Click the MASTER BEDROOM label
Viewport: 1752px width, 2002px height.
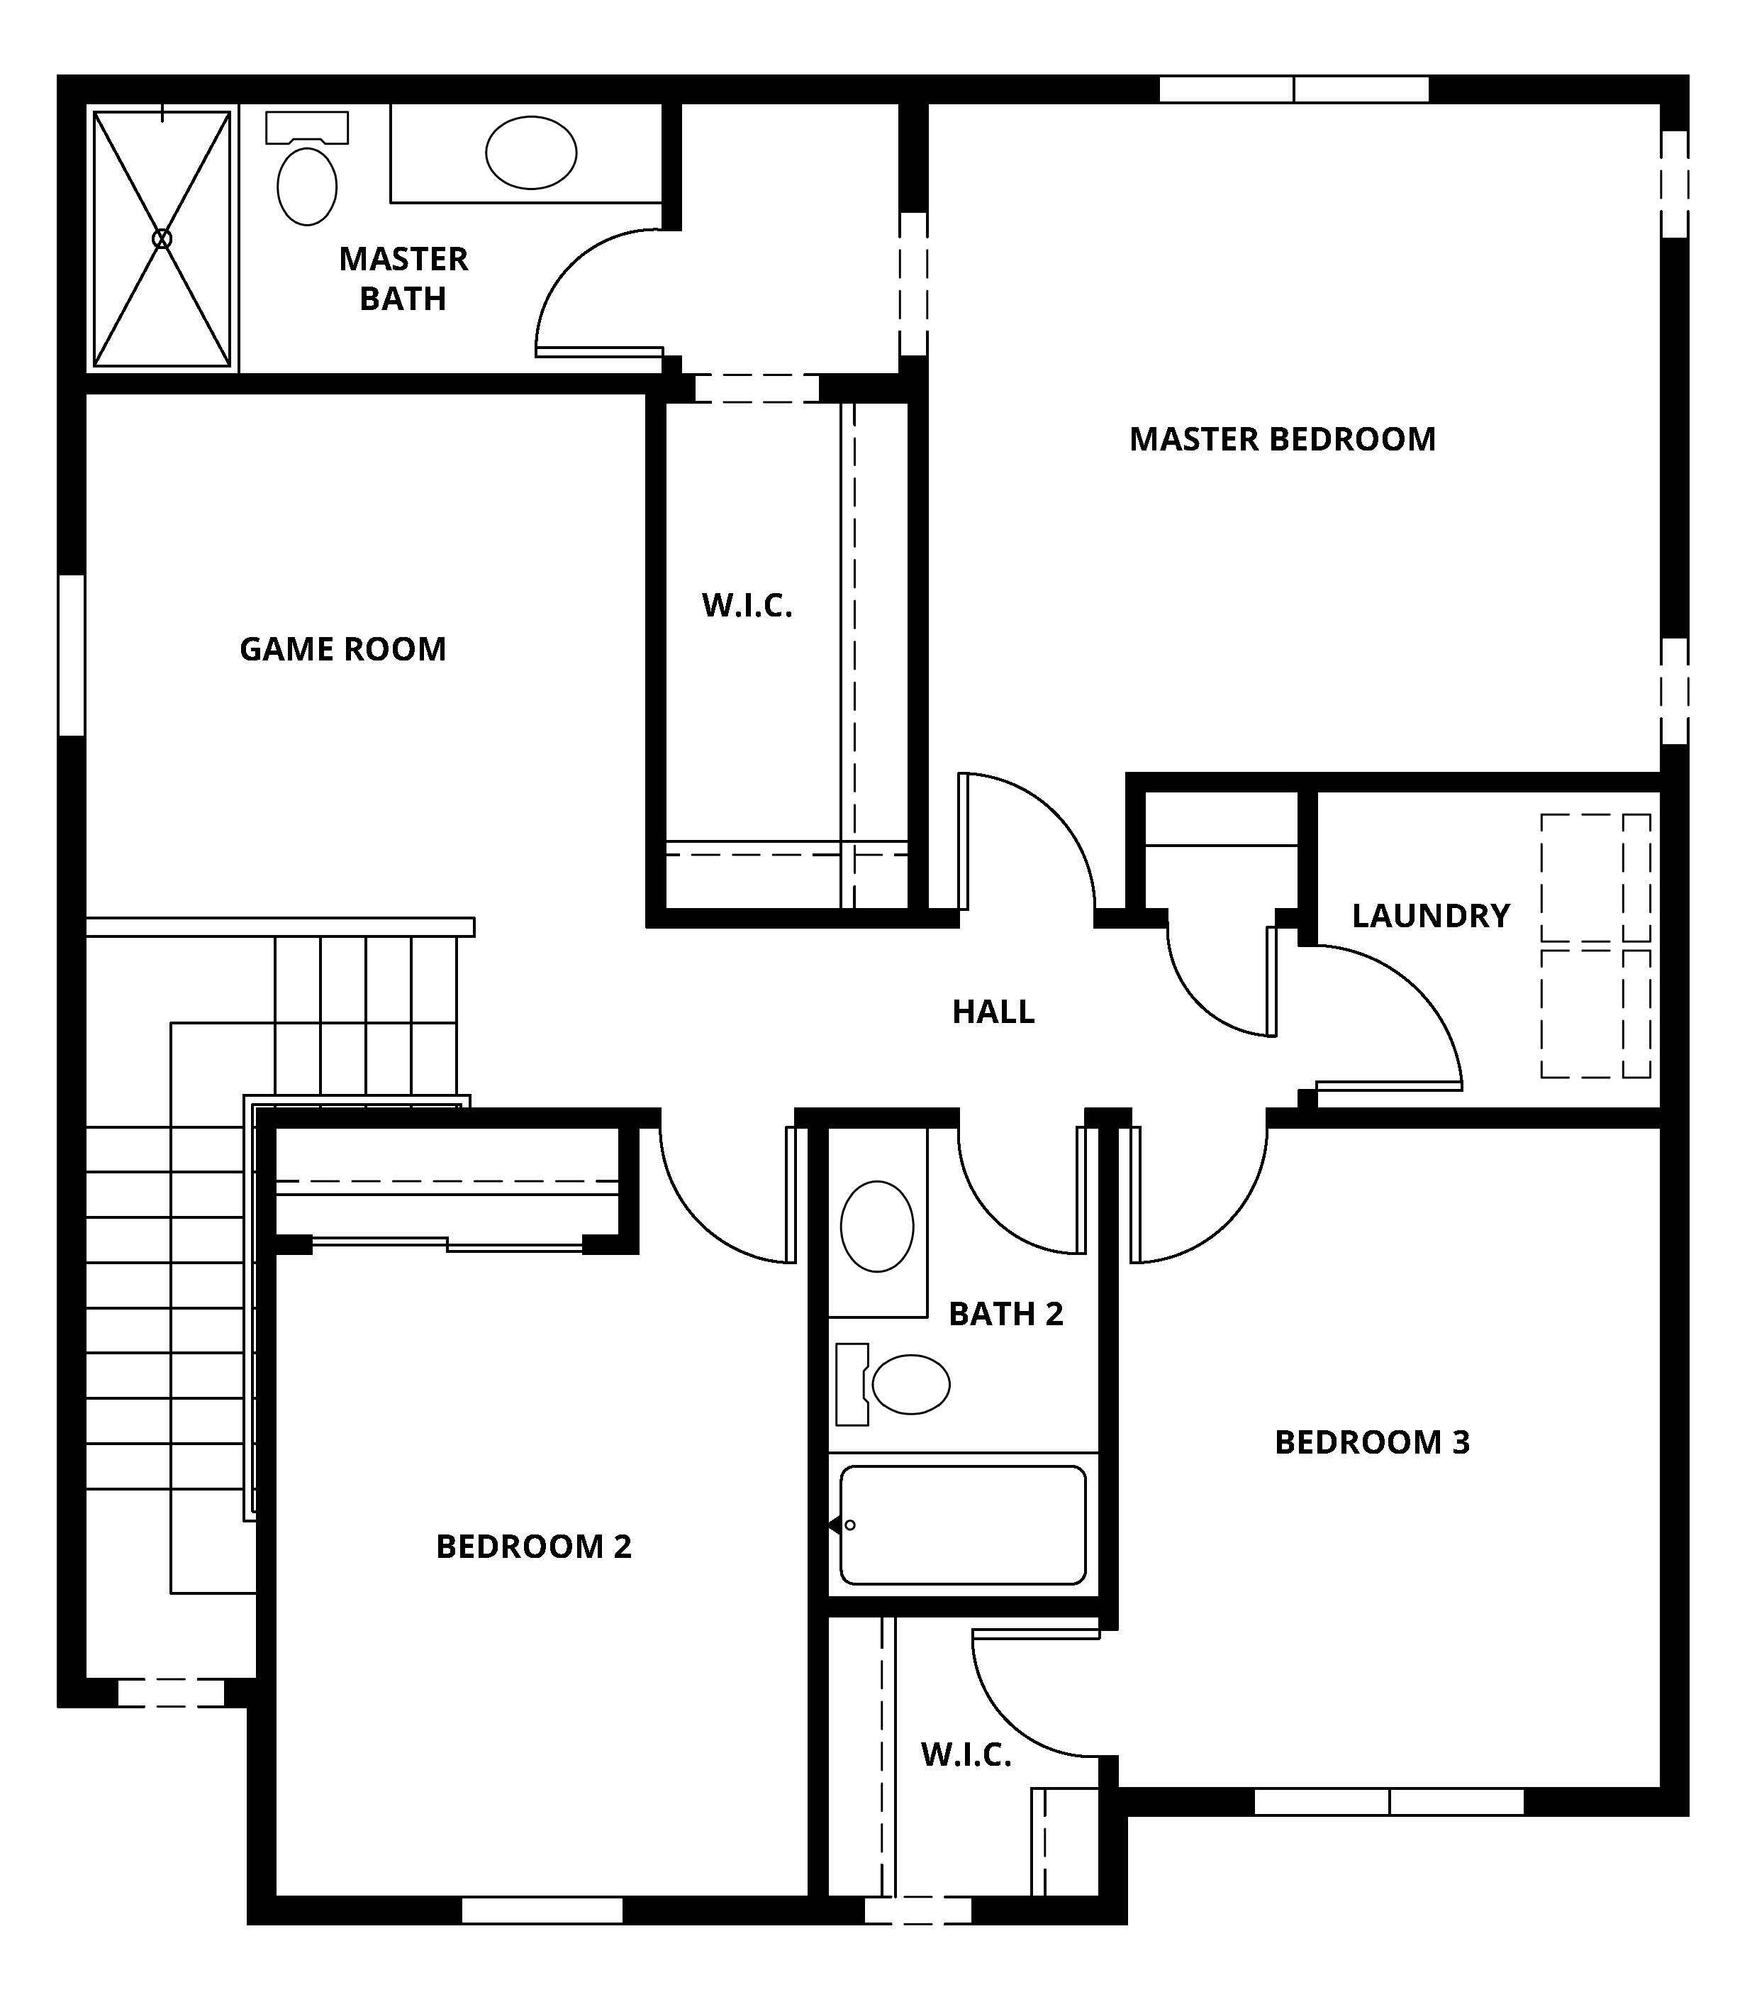pos(1283,439)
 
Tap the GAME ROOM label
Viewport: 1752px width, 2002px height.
pos(343,649)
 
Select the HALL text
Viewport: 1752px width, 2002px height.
pos(993,1011)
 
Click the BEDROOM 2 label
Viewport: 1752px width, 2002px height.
pos(534,1547)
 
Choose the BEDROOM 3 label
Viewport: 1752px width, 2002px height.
pos(1373,1442)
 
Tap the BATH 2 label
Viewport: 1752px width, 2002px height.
pos(1006,1313)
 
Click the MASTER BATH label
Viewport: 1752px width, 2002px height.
pos(403,279)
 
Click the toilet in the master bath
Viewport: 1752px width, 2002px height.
pos(307,169)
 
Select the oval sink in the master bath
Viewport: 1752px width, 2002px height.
pos(531,153)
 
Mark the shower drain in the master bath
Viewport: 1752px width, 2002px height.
pos(162,238)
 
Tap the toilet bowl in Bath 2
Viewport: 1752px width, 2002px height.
pos(910,1384)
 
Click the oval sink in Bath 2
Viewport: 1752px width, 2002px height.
pos(877,1227)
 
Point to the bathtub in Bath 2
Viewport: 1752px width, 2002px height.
pos(963,1525)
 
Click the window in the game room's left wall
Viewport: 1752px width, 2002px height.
pos(72,654)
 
